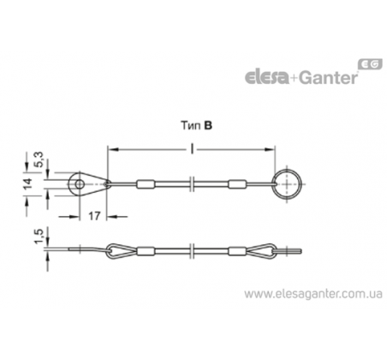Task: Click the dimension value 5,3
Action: pos(40,159)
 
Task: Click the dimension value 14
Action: pos(28,183)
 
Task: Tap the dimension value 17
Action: pos(94,216)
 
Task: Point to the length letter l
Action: pos(193,148)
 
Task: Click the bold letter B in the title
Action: pos(209,126)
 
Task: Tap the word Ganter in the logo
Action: pos(329,77)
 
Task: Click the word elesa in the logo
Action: pos(267,77)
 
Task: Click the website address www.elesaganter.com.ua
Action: pos(313,294)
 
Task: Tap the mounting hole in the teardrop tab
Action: pos(80,184)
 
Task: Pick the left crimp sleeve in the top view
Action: pos(146,184)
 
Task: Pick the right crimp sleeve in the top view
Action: pos(237,184)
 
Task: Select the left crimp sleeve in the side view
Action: pos(146,251)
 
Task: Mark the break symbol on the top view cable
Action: pos(193,184)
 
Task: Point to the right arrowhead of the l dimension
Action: pos(270,148)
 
